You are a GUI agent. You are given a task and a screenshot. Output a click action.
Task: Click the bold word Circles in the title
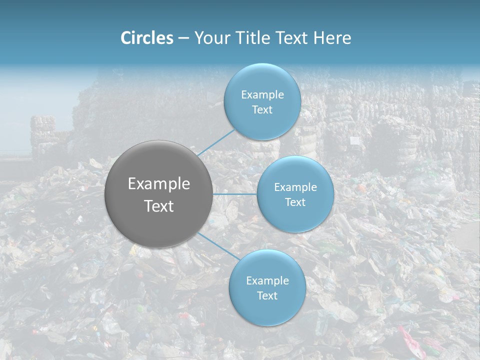(147, 38)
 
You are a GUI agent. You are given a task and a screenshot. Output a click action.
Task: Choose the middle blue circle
(295, 217)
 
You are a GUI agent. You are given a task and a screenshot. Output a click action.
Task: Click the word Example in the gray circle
(159, 184)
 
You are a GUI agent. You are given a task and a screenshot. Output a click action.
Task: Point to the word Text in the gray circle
(159, 206)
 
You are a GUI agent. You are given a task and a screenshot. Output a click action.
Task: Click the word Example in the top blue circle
(262, 95)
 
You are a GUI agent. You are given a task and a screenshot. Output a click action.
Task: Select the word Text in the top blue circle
(262, 110)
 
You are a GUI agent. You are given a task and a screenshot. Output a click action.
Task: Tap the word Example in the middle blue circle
(295, 187)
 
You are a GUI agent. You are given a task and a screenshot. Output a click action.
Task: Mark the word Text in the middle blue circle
(295, 202)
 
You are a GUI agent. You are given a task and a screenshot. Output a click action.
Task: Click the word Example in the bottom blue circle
(267, 281)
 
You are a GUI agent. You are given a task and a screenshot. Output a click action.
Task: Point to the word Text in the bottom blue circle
(267, 296)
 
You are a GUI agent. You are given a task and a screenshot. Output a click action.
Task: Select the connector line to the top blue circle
(216, 142)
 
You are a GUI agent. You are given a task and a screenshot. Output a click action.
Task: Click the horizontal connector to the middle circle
(235, 194)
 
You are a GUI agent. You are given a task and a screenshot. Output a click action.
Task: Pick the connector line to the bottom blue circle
(218, 246)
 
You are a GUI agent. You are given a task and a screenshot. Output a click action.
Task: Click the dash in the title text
(183, 38)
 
